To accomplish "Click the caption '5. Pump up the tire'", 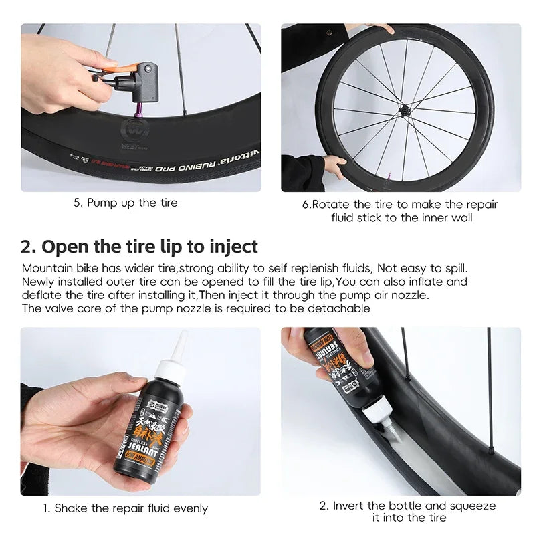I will [126, 202].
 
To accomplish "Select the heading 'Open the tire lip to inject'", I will [150, 246].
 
